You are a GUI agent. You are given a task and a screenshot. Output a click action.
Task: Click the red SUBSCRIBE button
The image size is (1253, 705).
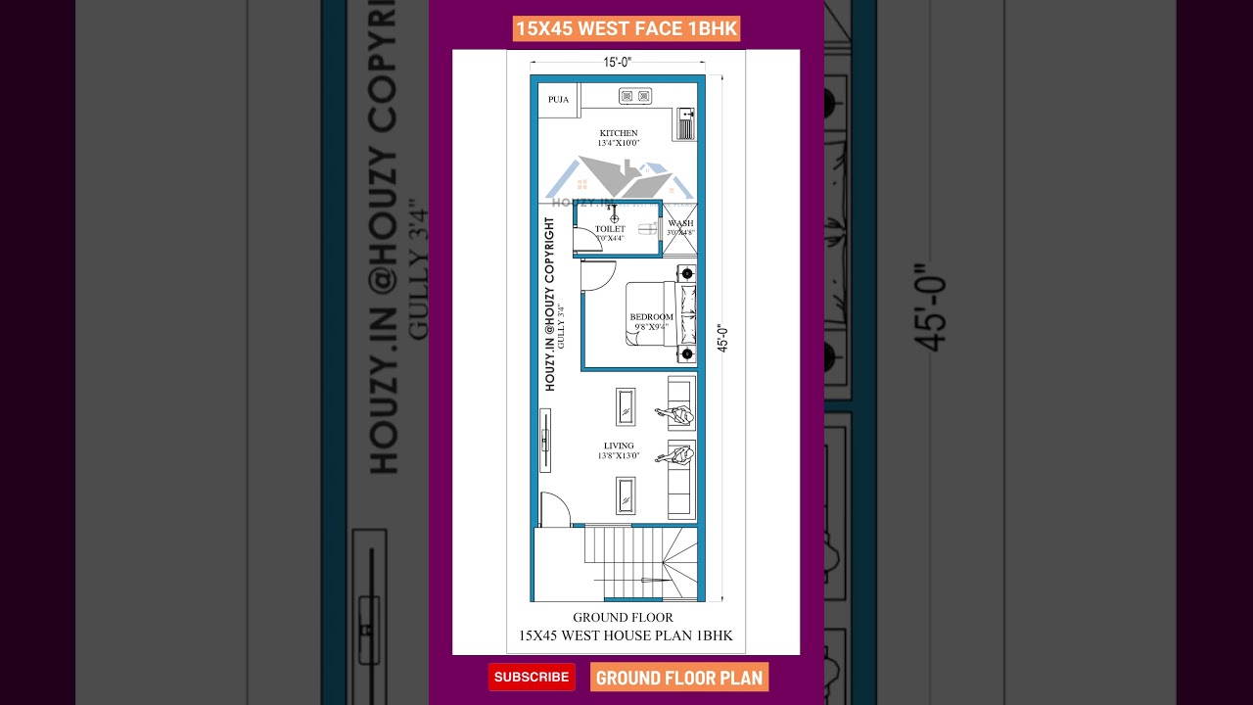coord(532,677)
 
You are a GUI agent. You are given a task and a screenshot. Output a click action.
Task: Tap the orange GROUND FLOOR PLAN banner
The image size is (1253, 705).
coord(679,678)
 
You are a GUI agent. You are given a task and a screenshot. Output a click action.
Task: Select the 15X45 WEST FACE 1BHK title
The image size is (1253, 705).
coord(626,28)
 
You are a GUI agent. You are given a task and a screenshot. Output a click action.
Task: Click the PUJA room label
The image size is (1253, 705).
coord(558,100)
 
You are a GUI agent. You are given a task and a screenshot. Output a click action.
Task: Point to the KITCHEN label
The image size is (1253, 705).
coord(619,133)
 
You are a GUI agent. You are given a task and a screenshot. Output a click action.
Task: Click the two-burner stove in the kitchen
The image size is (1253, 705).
coord(635,96)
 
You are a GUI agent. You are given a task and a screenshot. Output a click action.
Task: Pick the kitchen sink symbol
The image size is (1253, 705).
coord(685,125)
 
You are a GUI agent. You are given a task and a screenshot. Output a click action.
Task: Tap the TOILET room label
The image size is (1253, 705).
coord(610,229)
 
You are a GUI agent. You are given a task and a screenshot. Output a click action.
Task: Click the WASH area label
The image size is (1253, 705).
coord(680,224)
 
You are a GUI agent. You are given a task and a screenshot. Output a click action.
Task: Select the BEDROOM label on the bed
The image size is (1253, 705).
coord(651,317)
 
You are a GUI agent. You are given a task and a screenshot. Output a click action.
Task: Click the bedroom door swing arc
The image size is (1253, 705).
coord(592,277)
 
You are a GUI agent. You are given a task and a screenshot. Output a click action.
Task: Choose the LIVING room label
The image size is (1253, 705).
coord(619,446)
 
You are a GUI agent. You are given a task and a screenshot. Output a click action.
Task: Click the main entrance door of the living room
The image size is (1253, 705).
coord(554,509)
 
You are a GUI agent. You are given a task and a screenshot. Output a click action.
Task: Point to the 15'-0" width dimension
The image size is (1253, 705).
coord(617,63)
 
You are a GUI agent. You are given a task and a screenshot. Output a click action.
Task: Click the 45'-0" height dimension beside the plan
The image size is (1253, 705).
coord(723,338)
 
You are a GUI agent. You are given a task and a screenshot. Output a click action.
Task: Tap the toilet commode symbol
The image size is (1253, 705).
coord(647,229)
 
